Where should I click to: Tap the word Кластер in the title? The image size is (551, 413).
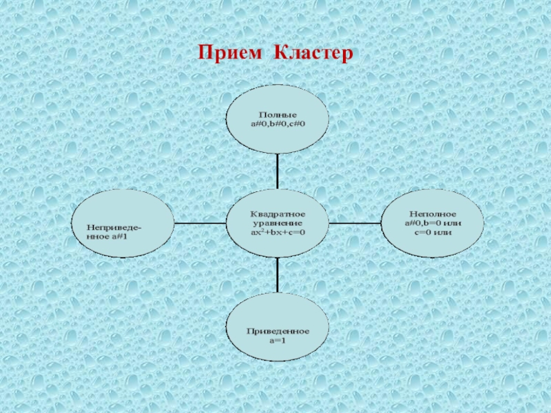point(313,53)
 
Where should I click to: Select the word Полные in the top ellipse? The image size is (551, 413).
point(278,113)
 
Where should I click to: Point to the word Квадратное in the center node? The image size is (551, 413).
point(278,214)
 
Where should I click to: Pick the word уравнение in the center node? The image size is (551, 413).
point(278,223)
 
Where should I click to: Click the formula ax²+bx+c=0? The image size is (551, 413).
point(278,232)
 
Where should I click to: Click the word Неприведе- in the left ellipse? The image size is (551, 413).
point(115,226)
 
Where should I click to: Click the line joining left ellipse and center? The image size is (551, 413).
point(200,223)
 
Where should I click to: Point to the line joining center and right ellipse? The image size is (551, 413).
point(355,223)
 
